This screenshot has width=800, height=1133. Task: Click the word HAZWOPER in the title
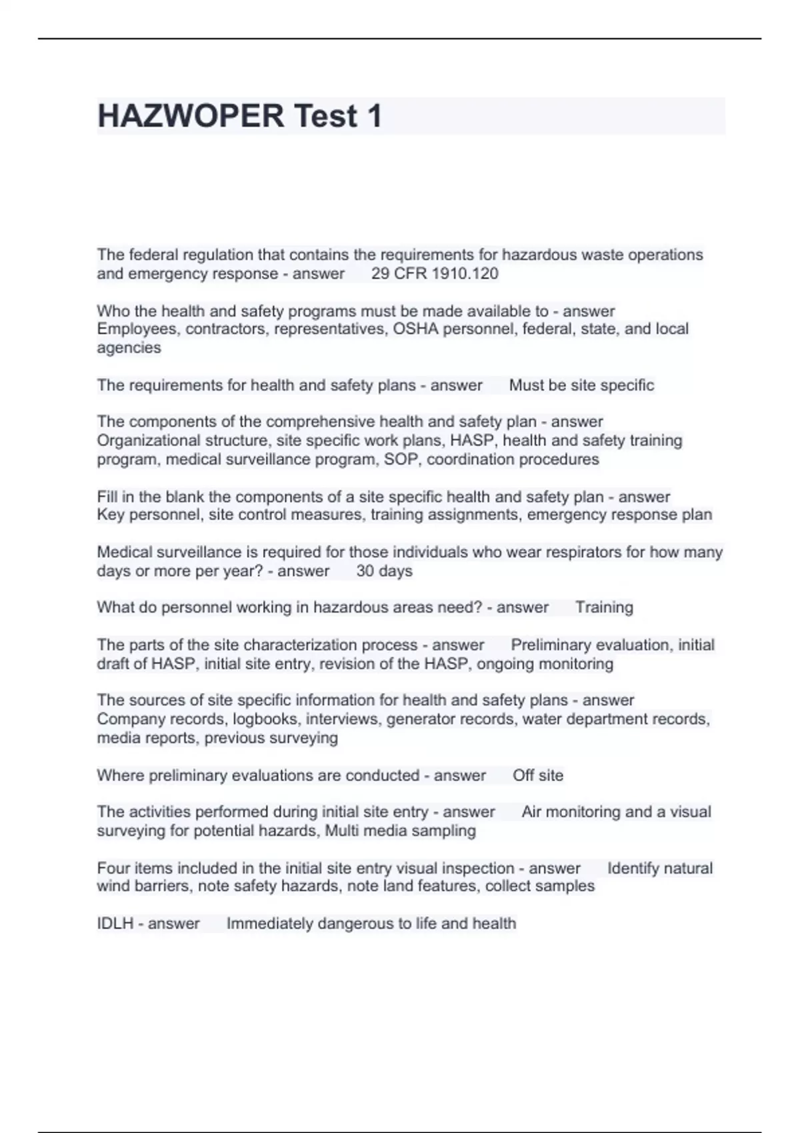[x=191, y=116]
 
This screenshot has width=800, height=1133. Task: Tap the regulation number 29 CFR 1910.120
[x=435, y=274]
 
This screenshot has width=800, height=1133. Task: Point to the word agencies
[x=129, y=348]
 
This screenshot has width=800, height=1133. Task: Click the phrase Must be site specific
[x=581, y=385]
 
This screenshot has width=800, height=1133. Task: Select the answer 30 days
[x=384, y=571]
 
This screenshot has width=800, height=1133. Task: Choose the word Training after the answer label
[x=604, y=608]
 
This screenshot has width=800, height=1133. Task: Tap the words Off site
[x=537, y=776]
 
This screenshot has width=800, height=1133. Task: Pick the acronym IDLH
[x=115, y=924]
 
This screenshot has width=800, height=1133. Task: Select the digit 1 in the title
[x=373, y=116]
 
